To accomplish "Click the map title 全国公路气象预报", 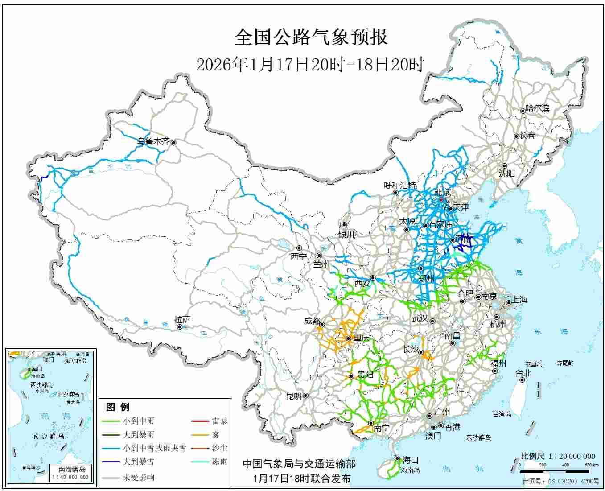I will (311, 37).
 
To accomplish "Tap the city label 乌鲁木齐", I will (153, 141).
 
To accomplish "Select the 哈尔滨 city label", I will (538, 108).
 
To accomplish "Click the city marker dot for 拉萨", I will (180, 327).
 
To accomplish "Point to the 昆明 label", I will (294, 396).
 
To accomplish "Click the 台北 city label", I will (524, 373).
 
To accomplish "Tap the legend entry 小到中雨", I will (139, 421).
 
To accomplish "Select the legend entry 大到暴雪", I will (139, 462).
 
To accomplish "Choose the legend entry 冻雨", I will (219, 462).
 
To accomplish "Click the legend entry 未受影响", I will (139, 477).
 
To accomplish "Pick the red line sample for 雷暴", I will (200, 421).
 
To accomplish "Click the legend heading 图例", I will (118, 407).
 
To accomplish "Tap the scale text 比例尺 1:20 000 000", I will (558, 456).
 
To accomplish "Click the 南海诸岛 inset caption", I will (72, 469).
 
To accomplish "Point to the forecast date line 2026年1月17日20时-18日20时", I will (310, 65).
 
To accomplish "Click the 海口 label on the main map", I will (410, 460).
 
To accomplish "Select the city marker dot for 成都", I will (321, 325).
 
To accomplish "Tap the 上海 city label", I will (519, 300).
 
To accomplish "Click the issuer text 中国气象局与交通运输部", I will (299, 464).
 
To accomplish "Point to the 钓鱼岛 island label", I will (534, 364).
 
